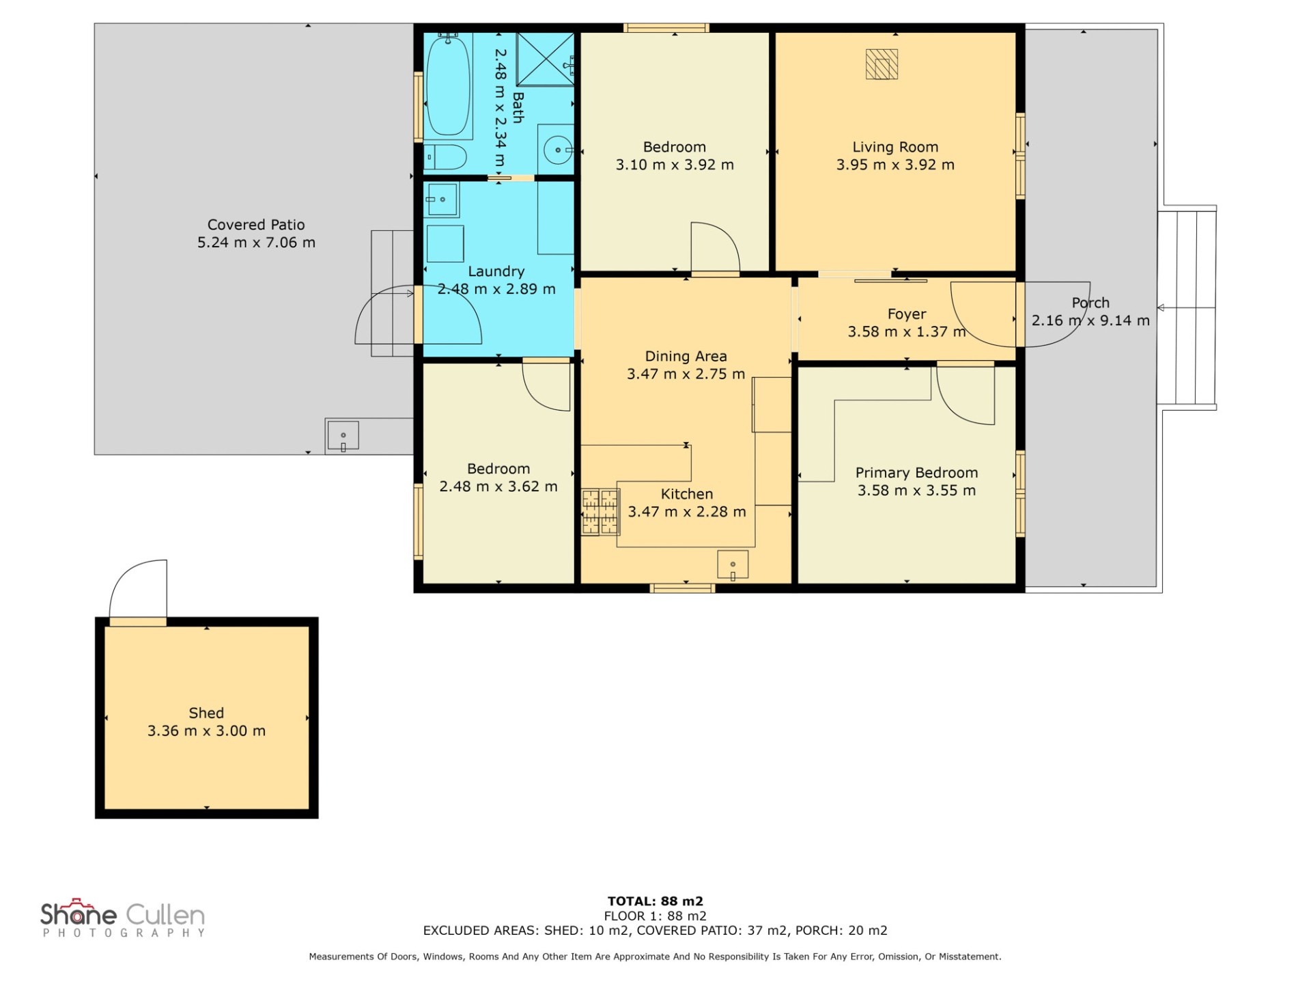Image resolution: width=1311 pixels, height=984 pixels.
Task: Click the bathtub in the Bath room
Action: tap(448, 85)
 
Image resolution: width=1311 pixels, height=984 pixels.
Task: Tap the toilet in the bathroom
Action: tap(445, 157)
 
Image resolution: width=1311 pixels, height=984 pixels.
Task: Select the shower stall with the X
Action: tap(545, 59)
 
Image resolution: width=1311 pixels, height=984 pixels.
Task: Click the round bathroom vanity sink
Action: tap(558, 149)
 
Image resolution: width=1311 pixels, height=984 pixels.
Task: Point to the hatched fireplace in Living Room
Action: tap(882, 65)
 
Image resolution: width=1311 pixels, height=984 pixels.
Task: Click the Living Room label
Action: tap(895, 147)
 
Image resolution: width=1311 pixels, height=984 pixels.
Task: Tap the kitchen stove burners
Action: tap(600, 512)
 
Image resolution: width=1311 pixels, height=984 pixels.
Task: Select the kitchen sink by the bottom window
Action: tap(733, 565)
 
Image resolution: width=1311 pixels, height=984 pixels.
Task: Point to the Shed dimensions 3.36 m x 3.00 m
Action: tap(206, 731)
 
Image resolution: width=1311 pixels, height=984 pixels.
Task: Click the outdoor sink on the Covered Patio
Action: tap(343, 436)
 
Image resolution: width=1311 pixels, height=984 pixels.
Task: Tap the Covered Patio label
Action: tap(256, 225)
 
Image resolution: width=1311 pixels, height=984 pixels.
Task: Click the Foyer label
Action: tap(907, 314)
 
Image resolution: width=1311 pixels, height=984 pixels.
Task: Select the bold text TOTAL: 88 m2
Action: tap(655, 901)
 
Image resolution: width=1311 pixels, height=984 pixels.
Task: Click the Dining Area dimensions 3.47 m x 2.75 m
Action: tap(686, 374)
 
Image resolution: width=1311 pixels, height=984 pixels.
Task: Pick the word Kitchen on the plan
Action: tap(687, 494)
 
